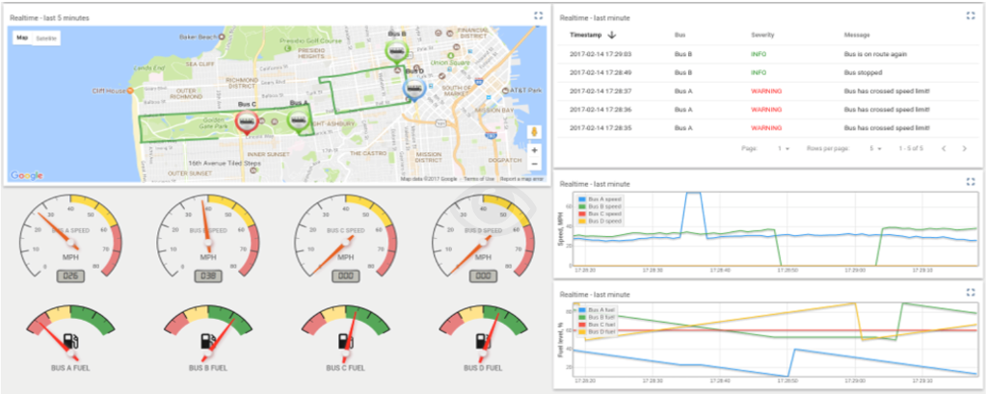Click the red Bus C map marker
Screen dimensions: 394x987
point(248,122)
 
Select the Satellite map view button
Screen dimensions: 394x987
point(46,38)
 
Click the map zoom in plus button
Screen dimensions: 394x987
point(534,150)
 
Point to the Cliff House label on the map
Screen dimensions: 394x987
point(110,91)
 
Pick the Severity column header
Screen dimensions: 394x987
point(764,35)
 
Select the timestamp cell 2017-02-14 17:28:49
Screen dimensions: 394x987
point(600,72)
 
